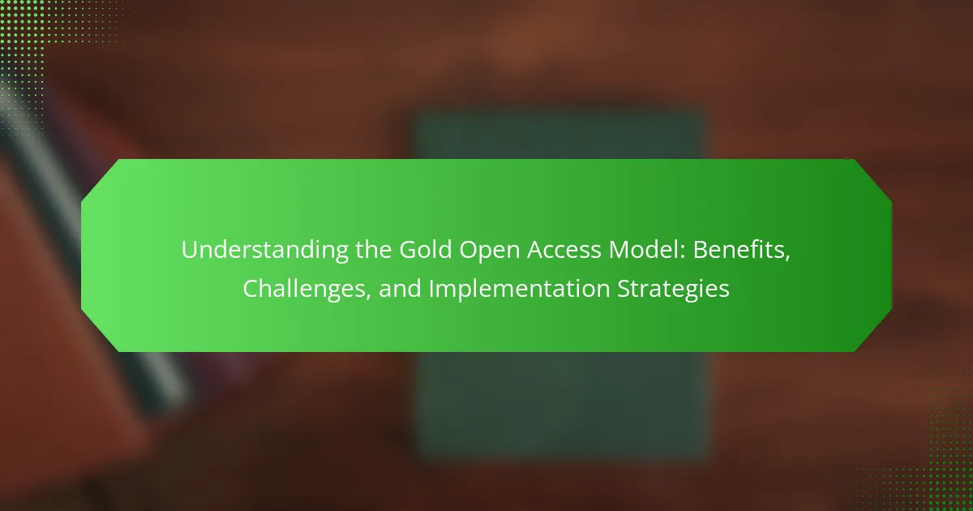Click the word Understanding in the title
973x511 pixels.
(264, 251)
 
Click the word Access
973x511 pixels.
(564, 251)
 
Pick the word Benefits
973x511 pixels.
(739, 250)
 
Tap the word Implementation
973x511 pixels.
(520, 290)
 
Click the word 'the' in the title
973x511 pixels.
(373, 250)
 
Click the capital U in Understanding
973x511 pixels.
(189, 251)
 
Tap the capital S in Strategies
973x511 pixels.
(624, 290)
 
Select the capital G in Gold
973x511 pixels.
(408, 251)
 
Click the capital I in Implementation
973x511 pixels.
(431, 290)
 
